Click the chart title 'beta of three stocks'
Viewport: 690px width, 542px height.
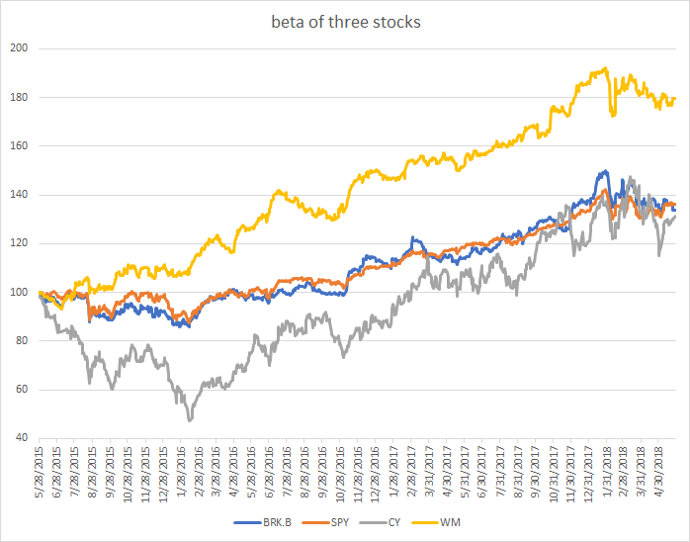(x=344, y=22)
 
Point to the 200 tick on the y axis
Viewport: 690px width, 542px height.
(x=20, y=48)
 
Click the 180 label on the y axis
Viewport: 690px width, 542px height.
(x=20, y=97)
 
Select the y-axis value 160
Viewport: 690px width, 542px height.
(x=20, y=146)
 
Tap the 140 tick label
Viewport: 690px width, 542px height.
(x=20, y=195)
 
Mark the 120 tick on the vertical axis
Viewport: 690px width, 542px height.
(x=20, y=243)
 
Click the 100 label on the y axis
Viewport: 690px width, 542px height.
(x=20, y=293)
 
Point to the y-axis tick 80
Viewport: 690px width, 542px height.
(x=23, y=341)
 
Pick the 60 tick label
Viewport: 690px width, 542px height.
(x=23, y=390)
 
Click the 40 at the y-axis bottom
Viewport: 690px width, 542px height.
(x=23, y=438)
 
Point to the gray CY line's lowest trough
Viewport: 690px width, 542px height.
(x=188, y=420)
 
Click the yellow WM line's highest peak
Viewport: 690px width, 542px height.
(x=604, y=69)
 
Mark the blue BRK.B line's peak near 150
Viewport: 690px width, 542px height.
(x=603, y=171)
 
